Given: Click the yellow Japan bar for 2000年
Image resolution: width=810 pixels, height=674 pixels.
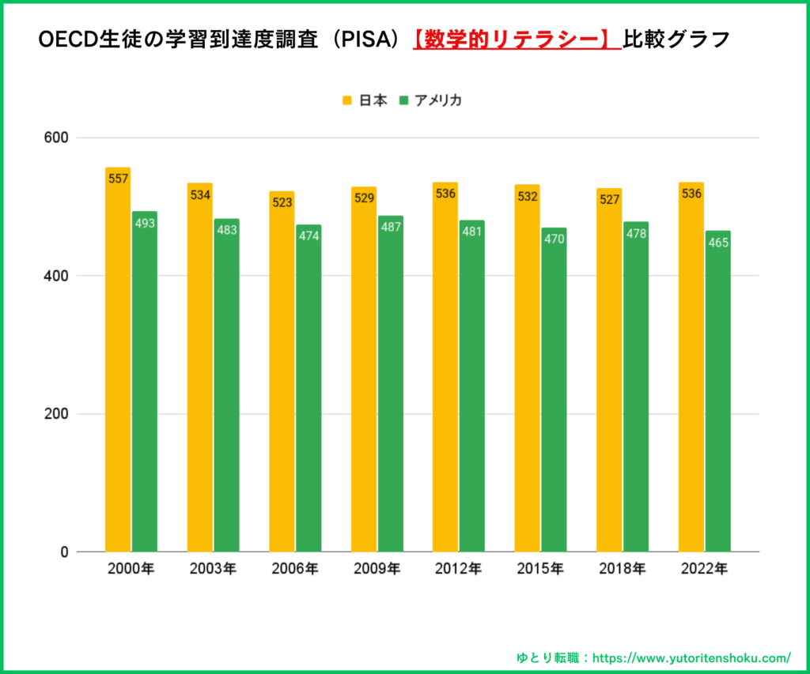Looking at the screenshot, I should [118, 360].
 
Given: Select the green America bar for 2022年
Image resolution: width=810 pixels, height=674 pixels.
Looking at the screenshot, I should [717, 391].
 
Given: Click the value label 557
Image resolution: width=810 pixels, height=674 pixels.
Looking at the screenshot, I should [118, 179].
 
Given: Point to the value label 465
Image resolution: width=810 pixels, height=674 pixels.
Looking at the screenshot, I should [717, 242].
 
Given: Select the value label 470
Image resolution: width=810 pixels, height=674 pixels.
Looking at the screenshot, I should [554, 239].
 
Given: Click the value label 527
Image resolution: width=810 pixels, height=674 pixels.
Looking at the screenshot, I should [609, 199].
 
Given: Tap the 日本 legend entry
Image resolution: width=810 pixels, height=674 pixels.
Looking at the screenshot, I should [365, 100].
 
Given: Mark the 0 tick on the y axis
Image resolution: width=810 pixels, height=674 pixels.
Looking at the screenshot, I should [64, 552].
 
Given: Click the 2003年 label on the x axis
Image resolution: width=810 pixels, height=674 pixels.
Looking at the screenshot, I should [213, 568].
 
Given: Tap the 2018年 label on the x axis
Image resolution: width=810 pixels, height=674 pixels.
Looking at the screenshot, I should [622, 568].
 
